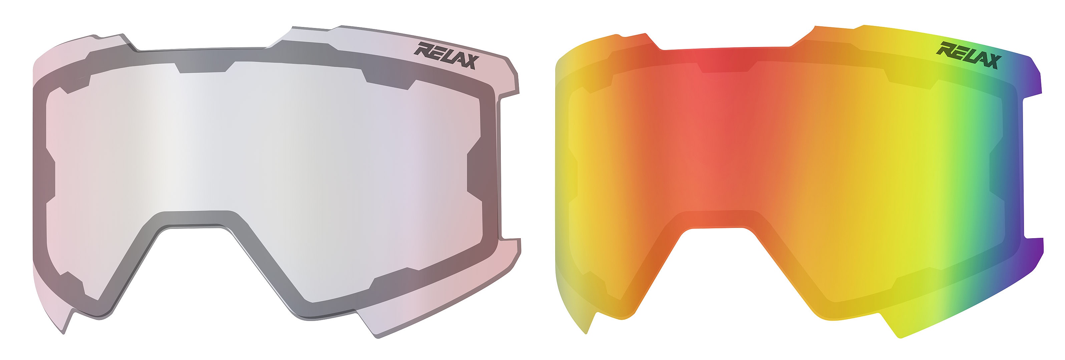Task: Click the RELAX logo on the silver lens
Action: click(x=446, y=55)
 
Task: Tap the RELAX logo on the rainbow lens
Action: click(x=969, y=55)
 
